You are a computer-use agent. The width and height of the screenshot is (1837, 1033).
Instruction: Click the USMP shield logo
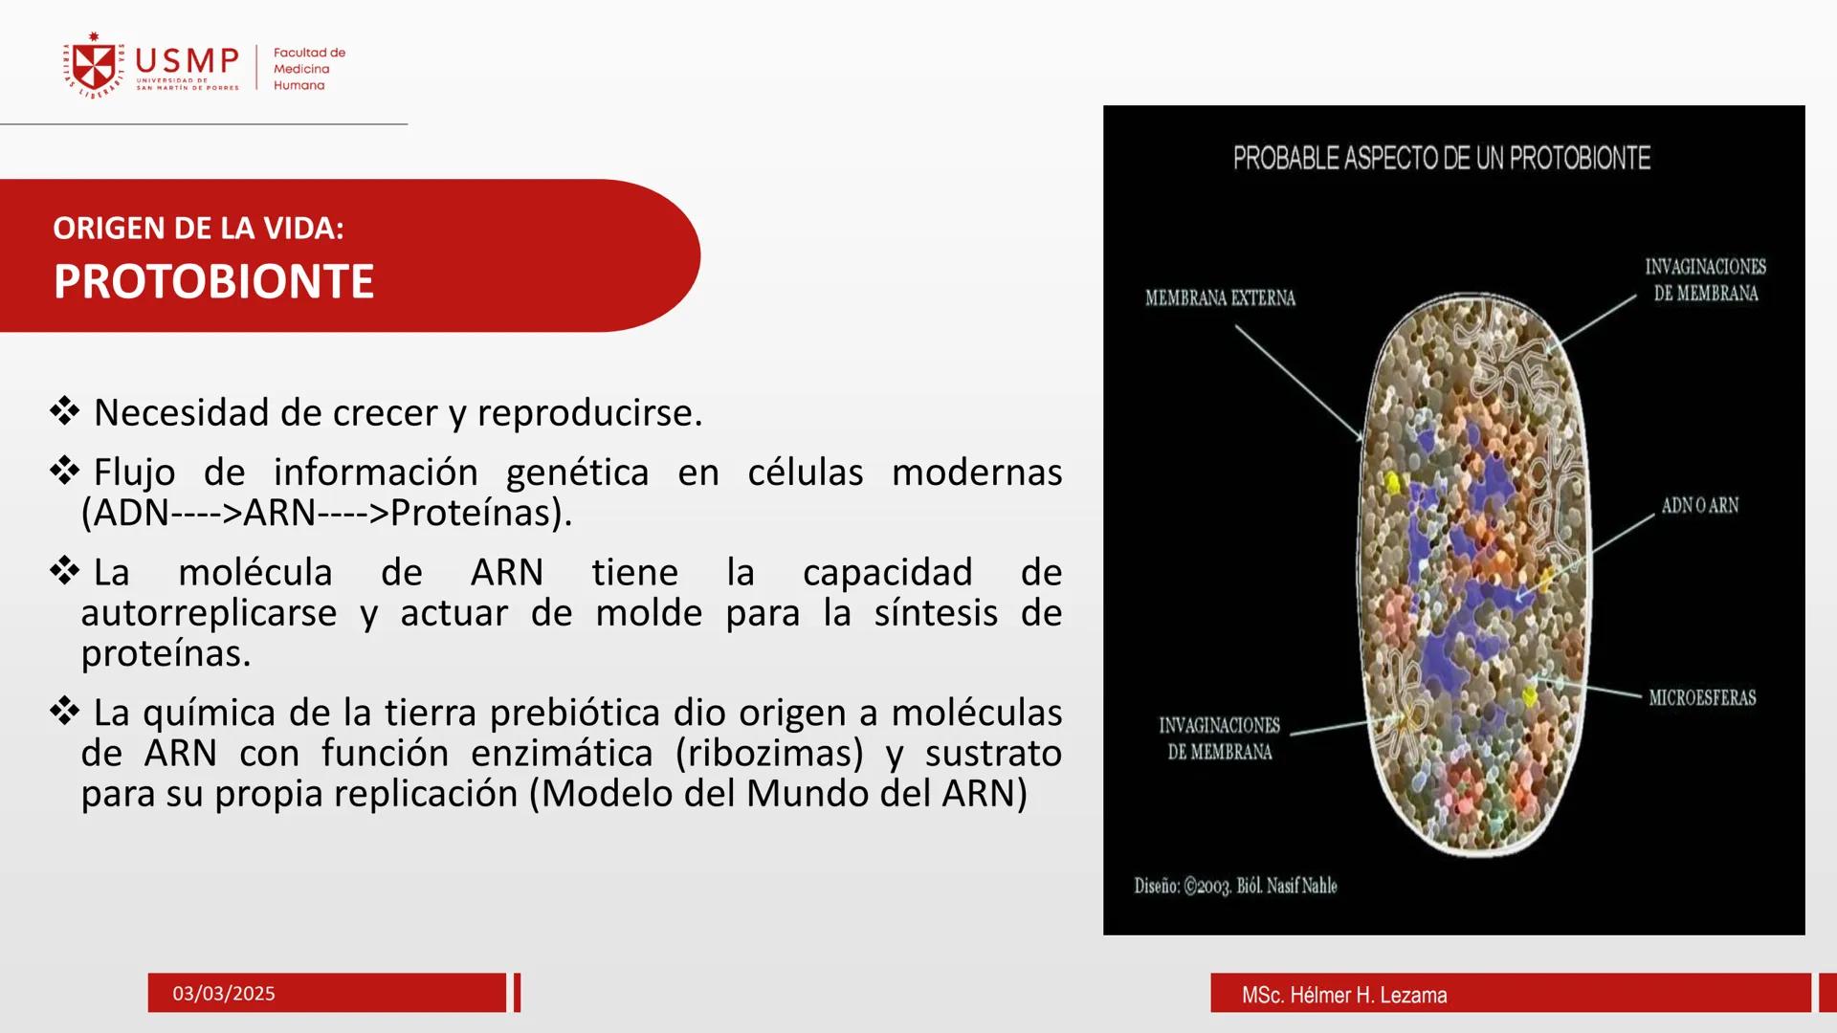point(94,66)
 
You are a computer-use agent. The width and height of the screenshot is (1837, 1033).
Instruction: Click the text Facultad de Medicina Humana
point(308,69)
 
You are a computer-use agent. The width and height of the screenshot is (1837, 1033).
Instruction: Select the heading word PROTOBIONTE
point(213,281)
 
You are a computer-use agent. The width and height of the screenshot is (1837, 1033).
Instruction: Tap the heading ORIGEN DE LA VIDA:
point(198,229)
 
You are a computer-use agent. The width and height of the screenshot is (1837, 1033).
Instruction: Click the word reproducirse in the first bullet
point(588,413)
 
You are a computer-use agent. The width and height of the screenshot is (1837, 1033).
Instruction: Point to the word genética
point(577,473)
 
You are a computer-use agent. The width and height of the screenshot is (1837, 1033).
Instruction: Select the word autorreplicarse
point(209,613)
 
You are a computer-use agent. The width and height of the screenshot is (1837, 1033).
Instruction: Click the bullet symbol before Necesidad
point(65,412)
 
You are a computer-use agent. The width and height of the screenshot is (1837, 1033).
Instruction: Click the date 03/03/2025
point(224,994)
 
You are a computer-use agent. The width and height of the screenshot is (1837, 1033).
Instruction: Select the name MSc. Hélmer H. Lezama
point(1343,996)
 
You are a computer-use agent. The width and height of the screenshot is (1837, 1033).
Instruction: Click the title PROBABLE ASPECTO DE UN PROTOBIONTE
point(1441,158)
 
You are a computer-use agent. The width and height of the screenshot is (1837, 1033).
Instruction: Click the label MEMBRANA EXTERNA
point(1220,298)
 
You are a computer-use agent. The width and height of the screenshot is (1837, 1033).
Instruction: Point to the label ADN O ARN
point(1699,506)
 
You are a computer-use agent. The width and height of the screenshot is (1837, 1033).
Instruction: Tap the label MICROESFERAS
point(1702,698)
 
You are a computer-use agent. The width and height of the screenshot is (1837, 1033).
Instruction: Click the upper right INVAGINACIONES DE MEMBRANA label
point(1705,280)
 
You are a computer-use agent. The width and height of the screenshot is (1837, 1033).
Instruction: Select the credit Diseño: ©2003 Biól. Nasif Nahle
point(1235,887)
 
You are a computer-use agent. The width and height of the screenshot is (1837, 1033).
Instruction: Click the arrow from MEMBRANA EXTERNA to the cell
point(1298,383)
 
